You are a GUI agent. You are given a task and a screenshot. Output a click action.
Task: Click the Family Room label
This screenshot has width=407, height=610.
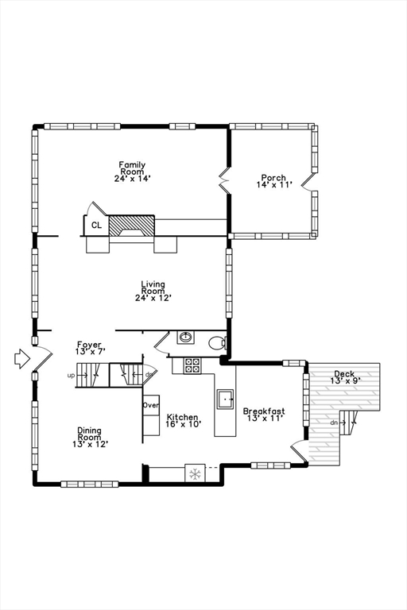pyautogui.click(x=132, y=168)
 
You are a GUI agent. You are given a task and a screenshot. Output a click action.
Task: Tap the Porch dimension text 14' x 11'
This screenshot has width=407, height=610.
pyautogui.click(x=274, y=185)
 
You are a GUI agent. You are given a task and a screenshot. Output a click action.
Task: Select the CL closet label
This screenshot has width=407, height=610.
pyautogui.click(x=97, y=226)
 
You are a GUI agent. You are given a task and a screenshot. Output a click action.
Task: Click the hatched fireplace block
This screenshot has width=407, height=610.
pyautogui.click(x=132, y=226)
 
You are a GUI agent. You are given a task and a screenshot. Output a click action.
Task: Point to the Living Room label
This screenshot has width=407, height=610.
pyautogui.click(x=153, y=288)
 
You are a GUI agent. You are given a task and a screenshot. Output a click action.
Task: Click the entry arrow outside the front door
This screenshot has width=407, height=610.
pyautogui.click(x=22, y=358)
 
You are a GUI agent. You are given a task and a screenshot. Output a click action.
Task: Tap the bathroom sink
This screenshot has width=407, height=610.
pyautogui.click(x=185, y=337)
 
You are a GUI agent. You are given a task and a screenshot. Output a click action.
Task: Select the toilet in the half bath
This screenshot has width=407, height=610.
pyautogui.click(x=217, y=343)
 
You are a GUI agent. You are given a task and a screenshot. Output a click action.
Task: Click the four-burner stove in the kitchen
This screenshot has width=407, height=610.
pyautogui.click(x=192, y=365)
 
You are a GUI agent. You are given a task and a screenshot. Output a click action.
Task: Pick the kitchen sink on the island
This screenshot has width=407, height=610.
pyautogui.click(x=225, y=400)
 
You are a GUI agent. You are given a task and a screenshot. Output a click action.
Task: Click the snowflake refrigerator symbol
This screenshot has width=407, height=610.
pyautogui.click(x=195, y=474)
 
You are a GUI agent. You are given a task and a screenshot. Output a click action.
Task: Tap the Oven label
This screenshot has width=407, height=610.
pyautogui.click(x=151, y=405)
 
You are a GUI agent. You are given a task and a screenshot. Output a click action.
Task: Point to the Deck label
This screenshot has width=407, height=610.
pyautogui.click(x=344, y=374)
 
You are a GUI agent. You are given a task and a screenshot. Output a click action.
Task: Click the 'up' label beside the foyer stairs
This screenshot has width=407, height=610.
pyautogui.click(x=71, y=376)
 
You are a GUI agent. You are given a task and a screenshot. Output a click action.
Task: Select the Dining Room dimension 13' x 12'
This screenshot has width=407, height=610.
pyautogui.click(x=91, y=444)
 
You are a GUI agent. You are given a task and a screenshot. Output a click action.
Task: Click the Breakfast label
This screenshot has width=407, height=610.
pyautogui.click(x=264, y=411)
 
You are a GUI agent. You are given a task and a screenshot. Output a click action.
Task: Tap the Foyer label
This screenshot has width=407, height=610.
pyautogui.click(x=89, y=344)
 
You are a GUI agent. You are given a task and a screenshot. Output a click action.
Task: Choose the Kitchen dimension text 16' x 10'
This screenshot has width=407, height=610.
pyautogui.click(x=184, y=424)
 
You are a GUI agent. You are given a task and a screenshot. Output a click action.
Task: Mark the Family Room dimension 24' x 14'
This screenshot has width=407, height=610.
pyautogui.click(x=133, y=179)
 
